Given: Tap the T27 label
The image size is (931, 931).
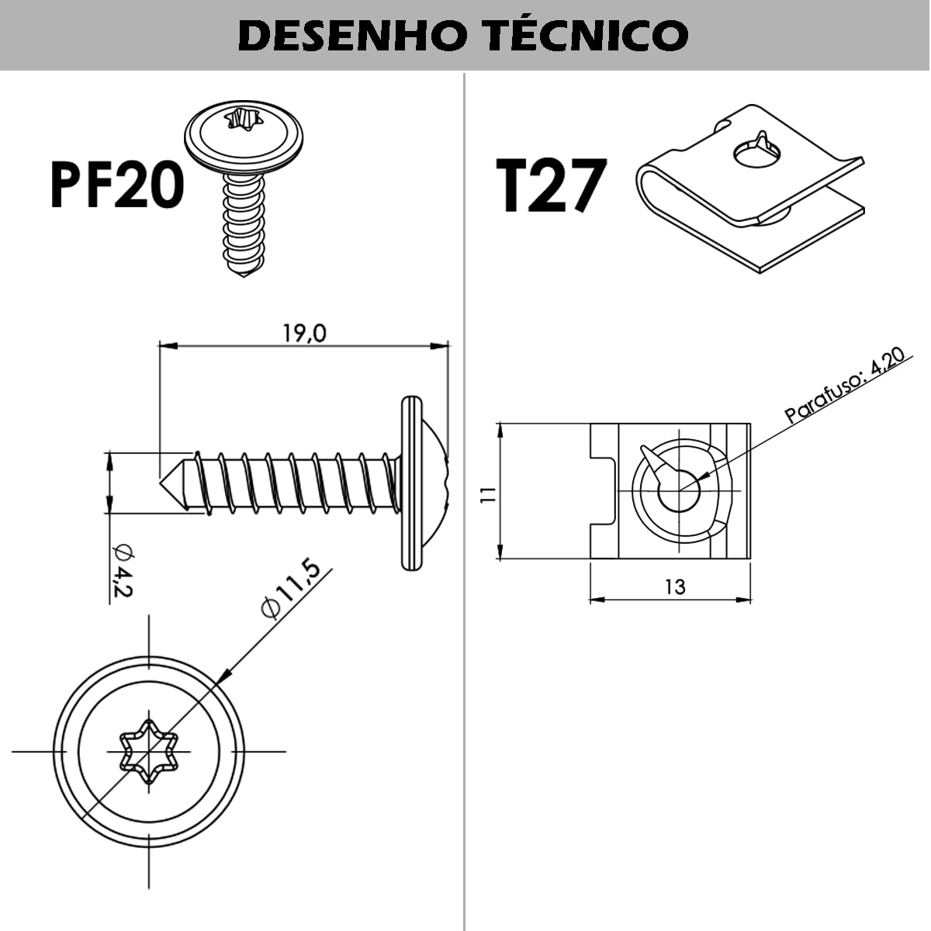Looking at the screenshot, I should pyautogui.click(x=549, y=186).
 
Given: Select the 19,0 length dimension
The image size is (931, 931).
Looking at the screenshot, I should pyautogui.click(x=304, y=334).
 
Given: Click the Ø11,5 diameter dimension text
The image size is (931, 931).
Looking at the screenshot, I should pyautogui.click(x=292, y=590).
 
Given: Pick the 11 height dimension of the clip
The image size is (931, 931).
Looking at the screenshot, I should pyautogui.click(x=488, y=494).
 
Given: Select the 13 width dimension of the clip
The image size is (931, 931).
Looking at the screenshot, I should pyautogui.click(x=674, y=587).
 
